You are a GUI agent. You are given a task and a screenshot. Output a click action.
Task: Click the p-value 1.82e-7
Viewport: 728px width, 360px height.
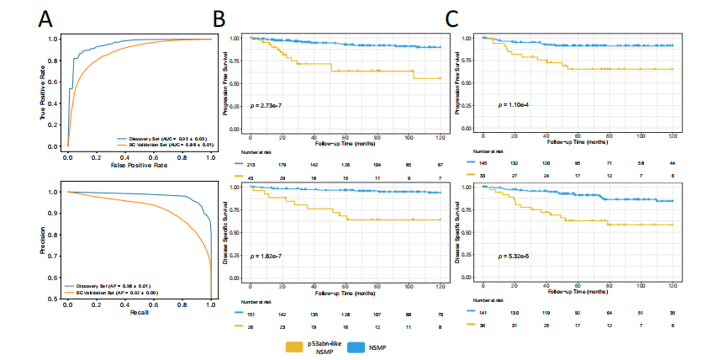[267, 254]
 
